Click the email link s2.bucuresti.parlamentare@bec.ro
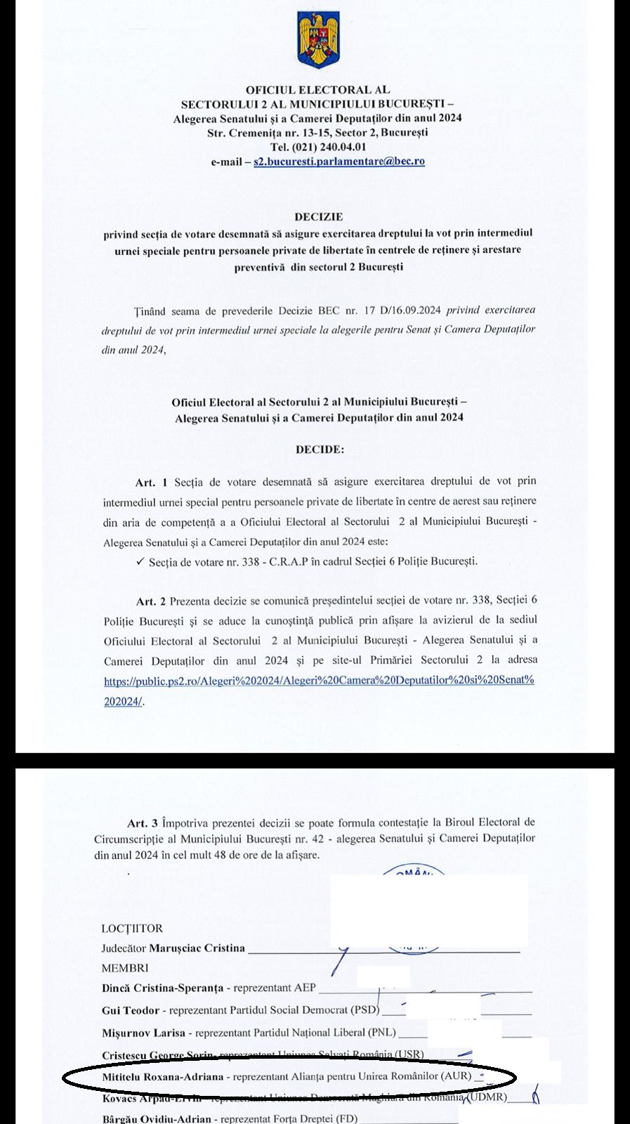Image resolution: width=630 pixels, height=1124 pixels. tap(339, 161)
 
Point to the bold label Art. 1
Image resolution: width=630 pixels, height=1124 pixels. tap(152, 482)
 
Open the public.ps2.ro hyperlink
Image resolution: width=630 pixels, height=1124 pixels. tap(320, 681)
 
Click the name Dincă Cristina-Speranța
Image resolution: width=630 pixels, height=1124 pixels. tap(162, 988)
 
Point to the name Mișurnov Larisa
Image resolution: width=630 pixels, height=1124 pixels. tap(143, 1033)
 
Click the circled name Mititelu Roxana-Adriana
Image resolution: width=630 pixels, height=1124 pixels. tap(162, 1076)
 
